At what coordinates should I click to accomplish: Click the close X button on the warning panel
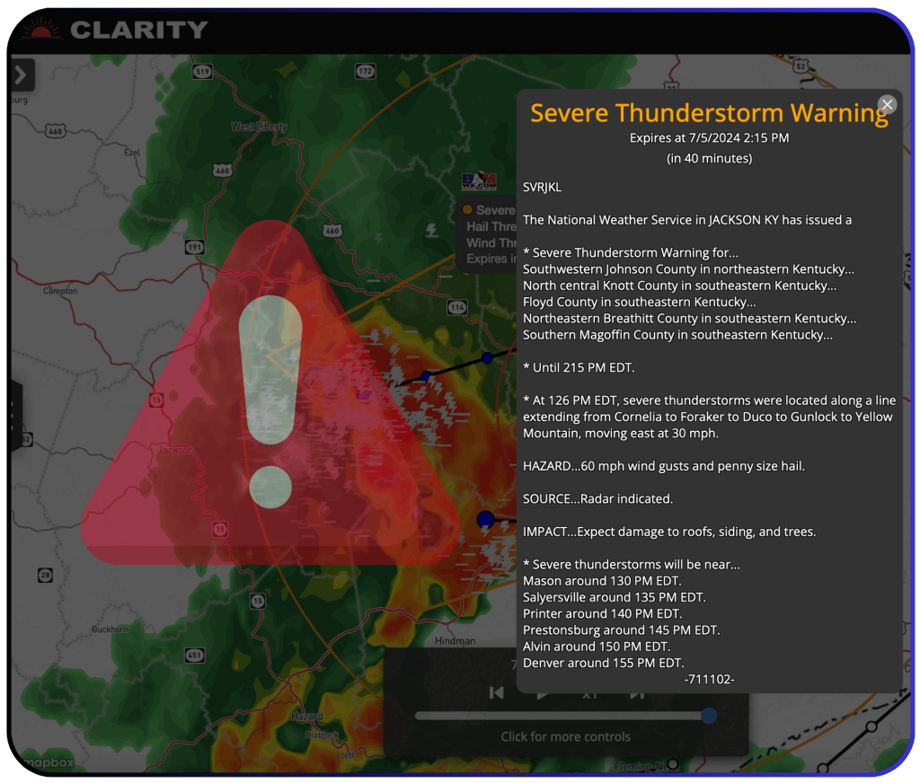(887, 105)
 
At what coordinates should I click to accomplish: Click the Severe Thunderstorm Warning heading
(709, 113)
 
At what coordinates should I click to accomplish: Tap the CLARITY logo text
(138, 30)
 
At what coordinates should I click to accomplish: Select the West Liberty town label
(259, 128)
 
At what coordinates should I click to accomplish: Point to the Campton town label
(60, 291)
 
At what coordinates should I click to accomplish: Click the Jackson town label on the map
(175, 449)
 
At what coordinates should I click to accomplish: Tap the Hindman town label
(455, 641)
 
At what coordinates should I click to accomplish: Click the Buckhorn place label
(110, 629)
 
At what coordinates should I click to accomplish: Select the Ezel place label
(131, 153)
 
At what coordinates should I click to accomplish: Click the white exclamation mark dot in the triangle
(270, 488)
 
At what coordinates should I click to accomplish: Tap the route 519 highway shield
(202, 72)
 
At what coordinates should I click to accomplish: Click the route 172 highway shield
(364, 71)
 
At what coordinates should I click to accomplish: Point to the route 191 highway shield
(194, 246)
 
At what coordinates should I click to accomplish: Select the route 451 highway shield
(194, 656)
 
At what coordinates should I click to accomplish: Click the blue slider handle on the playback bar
(709, 716)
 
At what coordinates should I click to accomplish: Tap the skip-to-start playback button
(496, 692)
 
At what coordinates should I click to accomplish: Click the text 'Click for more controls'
(565, 737)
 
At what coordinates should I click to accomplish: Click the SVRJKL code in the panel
(542, 187)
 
